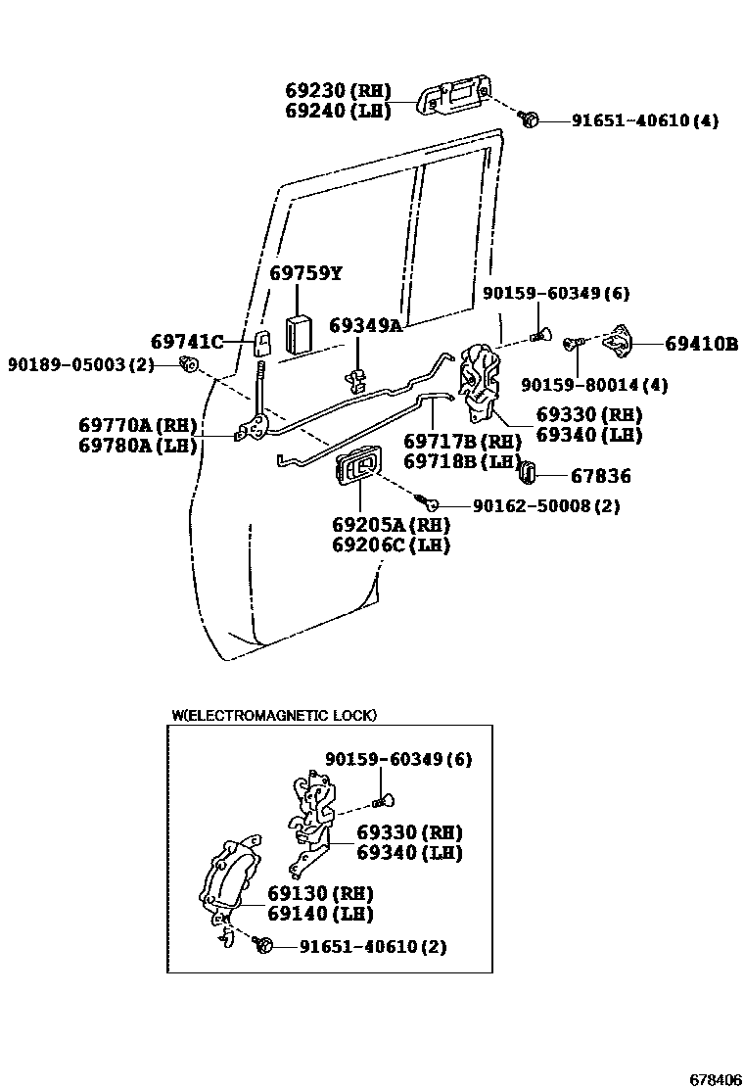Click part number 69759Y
click(305, 273)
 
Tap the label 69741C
click(187, 342)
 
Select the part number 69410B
click(701, 344)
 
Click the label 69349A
click(365, 325)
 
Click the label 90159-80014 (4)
click(594, 385)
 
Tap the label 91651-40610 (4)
click(632, 121)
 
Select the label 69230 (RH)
click(338, 90)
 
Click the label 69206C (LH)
click(390, 545)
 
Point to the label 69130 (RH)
click(306, 893)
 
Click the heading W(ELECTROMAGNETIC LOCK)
click(274, 716)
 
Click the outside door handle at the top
click(453, 97)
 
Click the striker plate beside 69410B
click(619, 341)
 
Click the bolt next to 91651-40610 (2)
click(261, 945)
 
